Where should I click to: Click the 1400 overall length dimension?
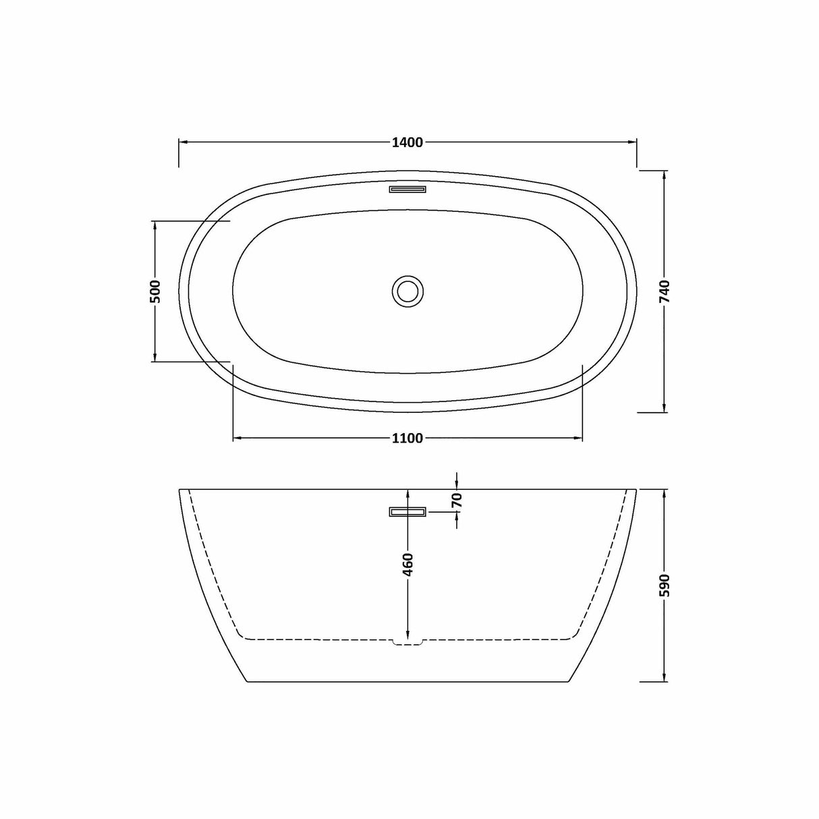coord(407,142)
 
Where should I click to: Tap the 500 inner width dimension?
coord(154,291)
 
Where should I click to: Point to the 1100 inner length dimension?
coord(407,439)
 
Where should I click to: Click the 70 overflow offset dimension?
coord(457,501)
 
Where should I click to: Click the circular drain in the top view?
coord(407,291)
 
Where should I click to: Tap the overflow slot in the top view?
coord(407,189)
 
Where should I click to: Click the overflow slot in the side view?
coord(407,512)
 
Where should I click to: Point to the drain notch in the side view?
coord(407,642)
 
